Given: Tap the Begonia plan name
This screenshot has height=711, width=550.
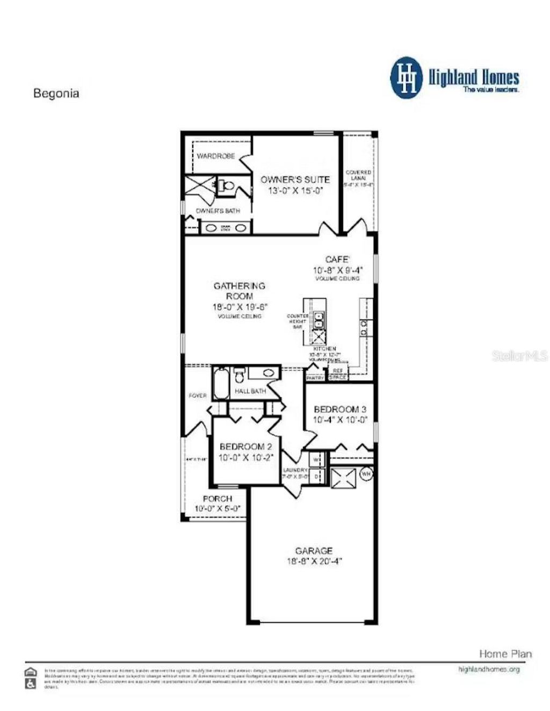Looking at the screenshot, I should pos(56,93).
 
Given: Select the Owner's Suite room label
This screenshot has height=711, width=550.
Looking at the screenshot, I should pos(295,179).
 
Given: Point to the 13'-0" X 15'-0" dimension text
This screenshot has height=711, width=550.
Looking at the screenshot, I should pos(295,191).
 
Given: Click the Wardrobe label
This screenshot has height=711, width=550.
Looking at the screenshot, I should pos(215,156).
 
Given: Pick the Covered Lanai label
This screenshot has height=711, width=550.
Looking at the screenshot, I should pos(358,175).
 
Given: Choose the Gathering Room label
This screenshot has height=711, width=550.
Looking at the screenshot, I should pos(240,291).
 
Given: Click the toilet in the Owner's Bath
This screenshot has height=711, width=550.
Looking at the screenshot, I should pos(227,186).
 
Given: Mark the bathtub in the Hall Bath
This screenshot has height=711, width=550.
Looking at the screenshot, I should pos(221,383).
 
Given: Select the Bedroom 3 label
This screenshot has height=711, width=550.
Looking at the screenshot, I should pos(340,409).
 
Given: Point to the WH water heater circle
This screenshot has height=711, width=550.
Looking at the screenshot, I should pos(366,474).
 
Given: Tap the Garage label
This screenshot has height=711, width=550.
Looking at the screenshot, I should pos(314,551).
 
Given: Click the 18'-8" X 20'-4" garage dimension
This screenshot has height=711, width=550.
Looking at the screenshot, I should pos(314,562).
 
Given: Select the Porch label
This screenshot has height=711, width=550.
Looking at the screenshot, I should pos(218,499).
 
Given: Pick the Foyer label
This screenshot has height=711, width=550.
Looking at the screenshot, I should pos(198,396).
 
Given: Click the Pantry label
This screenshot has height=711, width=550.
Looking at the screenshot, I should pos(316,378).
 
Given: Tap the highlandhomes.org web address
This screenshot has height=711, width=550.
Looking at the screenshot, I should pos(489,670).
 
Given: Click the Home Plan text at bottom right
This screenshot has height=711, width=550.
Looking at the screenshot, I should pos(505,654).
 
